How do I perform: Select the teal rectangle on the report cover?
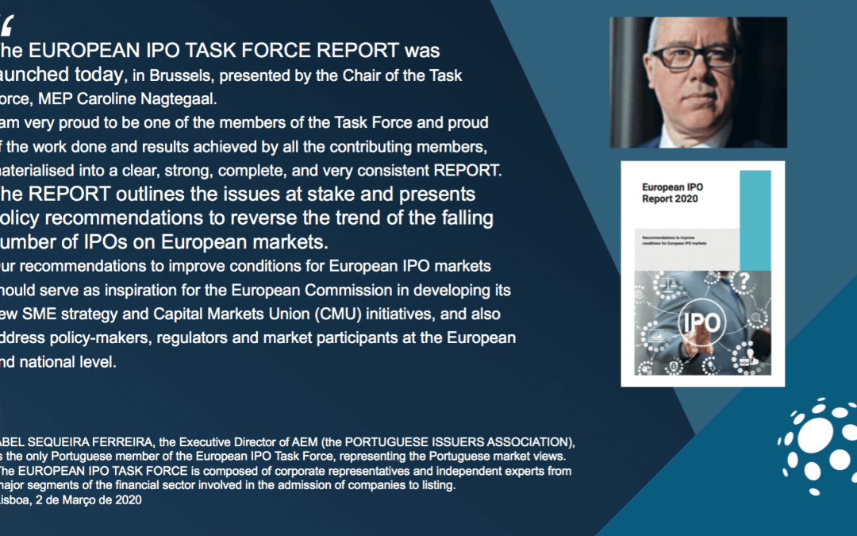tap(761, 220)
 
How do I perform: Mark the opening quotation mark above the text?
tap(7, 26)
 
